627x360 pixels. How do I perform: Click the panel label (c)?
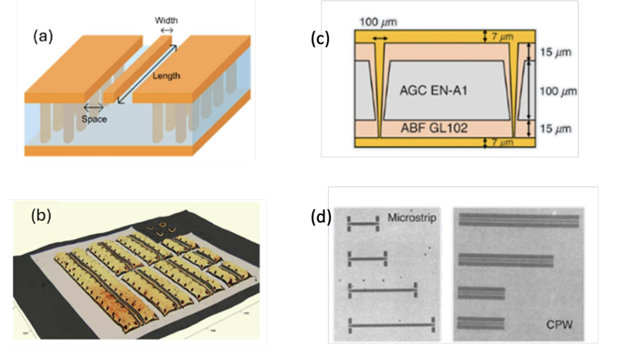[x=320, y=38]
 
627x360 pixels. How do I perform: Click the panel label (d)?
[x=321, y=218]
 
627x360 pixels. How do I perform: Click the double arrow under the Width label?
[x=166, y=30]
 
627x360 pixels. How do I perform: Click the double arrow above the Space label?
[x=94, y=107]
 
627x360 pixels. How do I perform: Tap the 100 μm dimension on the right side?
[x=556, y=91]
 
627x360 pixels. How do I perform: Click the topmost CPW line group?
[x=519, y=221]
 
